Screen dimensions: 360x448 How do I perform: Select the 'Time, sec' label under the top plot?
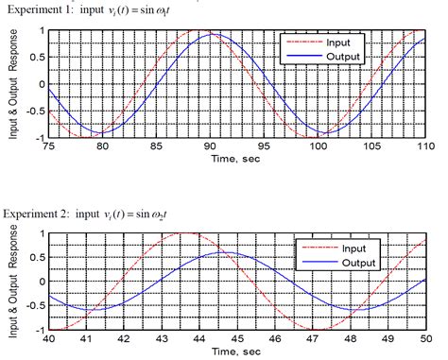[x=236, y=158]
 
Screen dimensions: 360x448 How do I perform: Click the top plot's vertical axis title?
[x=12, y=83]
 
